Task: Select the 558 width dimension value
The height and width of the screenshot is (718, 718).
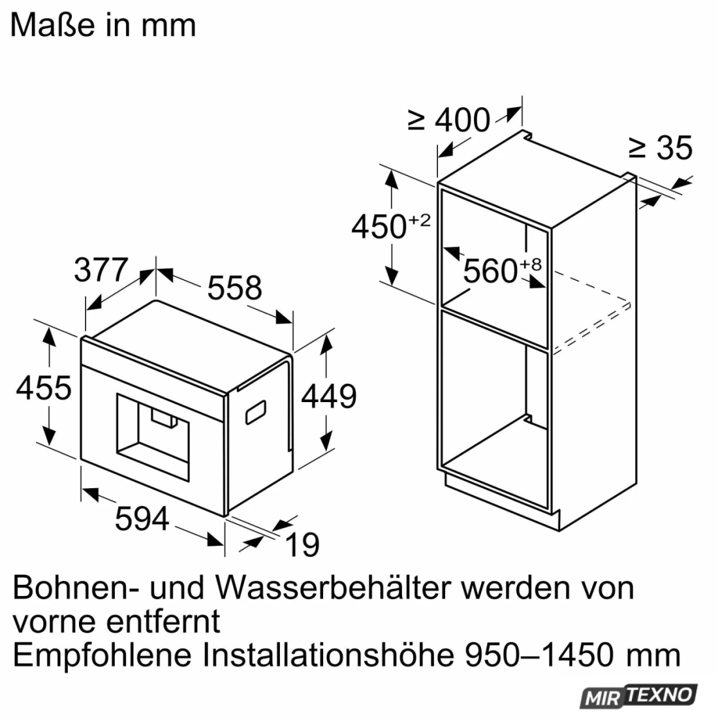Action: [x=234, y=288]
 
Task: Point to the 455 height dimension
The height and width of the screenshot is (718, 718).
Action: [x=44, y=388]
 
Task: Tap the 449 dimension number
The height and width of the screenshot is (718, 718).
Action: [x=329, y=396]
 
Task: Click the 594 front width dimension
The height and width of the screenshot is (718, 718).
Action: [x=142, y=519]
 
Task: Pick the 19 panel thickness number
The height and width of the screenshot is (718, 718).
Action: [x=302, y=545]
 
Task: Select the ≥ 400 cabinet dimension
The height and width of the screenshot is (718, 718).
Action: [x=449, y=120]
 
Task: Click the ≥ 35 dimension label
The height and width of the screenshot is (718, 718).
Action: [x=660, y=148]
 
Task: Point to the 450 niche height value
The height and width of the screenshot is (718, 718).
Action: [x=379, y=226]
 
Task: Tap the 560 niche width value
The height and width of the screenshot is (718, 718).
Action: [x=490, y=271]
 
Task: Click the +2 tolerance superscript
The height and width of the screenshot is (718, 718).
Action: [x=420, y=220]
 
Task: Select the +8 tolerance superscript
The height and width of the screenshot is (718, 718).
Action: [x=530, y=264]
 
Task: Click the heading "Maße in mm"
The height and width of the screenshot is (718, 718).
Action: [x=103, y=25]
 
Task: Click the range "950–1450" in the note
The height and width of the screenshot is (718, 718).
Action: [x=539, y=655]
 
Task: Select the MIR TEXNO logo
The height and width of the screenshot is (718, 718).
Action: [x=639, y=697]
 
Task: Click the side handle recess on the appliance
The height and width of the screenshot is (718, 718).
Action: [x=256, y=412]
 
